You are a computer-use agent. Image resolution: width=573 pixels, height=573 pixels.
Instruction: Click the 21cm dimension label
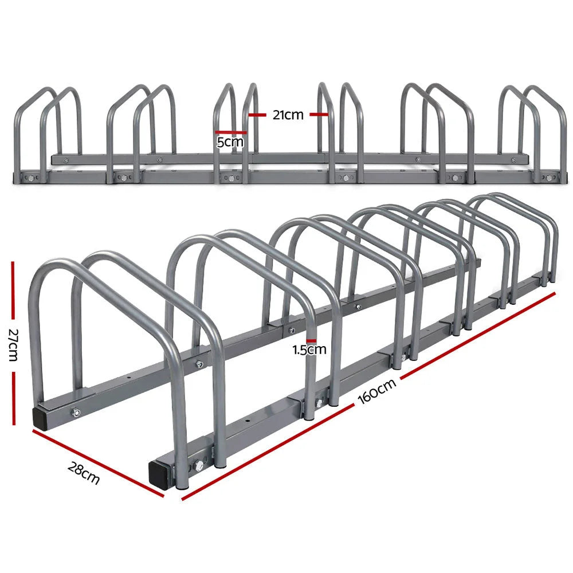[x=288, y=115]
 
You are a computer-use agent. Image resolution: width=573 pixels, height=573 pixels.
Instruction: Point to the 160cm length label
[x=379, y=391]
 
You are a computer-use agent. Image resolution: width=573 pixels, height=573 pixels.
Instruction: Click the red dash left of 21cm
[x=258, y=115]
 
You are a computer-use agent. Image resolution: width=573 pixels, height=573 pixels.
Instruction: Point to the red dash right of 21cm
[x=319, y=115]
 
